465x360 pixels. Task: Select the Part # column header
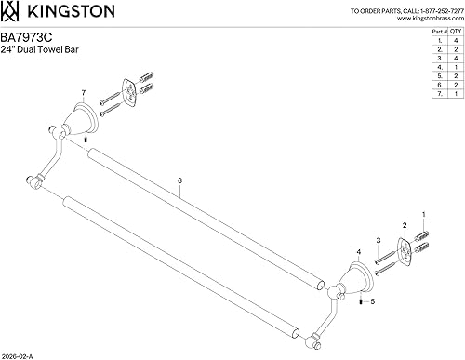(x=438, y=31)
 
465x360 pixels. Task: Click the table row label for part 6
(x=438, y=85)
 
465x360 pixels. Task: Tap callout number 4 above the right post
(x=358, y=252)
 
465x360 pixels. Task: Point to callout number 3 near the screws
(x=379, y=240)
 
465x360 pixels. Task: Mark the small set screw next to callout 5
(x=358, y=300)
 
